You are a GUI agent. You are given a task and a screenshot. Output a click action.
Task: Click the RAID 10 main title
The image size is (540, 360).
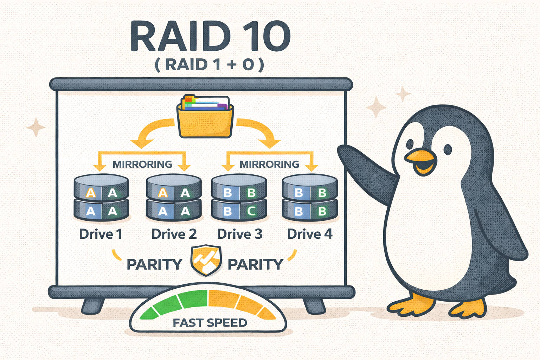[x=210, y=36]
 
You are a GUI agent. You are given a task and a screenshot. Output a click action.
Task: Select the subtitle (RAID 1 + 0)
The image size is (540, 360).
[x=210, y=65]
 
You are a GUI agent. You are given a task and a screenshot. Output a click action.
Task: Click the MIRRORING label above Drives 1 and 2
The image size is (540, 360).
[x=142, y=164]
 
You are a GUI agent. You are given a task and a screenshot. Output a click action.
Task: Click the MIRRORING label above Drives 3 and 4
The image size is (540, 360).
[x=269, y=164]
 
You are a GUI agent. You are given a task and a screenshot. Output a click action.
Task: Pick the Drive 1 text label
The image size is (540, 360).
[x=101, y=234]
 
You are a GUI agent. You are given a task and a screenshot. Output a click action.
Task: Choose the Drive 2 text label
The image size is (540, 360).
[x=174, y=234]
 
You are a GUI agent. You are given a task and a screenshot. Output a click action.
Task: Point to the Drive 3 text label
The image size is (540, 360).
[x=240, y=234]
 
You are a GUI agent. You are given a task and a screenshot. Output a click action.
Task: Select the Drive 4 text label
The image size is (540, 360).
[x=310, y=234]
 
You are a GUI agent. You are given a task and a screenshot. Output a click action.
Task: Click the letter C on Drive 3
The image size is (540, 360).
[x=251, y=211]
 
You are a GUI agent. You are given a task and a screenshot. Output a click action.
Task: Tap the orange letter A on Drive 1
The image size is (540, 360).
[x=91, y=193]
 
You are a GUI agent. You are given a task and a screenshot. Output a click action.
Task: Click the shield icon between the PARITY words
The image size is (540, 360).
[x=206, y=260]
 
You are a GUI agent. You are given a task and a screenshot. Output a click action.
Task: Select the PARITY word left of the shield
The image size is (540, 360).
[x=154, y=264]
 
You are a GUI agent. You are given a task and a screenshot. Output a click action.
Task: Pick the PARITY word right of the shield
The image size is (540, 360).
[x=255, y=264]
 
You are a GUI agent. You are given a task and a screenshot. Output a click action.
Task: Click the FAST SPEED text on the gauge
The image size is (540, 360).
[x=210, y=322]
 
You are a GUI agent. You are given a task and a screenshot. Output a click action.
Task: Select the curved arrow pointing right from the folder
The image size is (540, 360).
[x=260, y=132]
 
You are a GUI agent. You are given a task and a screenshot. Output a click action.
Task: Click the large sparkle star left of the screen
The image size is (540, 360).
[x=36, y=127]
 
